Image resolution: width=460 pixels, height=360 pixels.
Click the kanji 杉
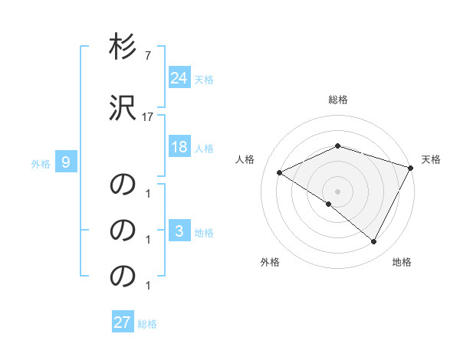[123, 48]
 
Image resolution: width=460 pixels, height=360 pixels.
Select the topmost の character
[123, 185]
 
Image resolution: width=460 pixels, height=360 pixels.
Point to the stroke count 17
[148, 117]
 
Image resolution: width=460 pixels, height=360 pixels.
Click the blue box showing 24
[179, 77]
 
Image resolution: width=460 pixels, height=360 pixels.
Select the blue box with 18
[179, 147]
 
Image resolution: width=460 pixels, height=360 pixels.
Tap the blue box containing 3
[179, 231]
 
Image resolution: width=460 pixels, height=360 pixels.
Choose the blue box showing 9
[66, 162]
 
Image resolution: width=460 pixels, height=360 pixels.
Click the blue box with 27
[123, 322]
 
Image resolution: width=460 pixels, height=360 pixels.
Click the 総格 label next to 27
[147, 324]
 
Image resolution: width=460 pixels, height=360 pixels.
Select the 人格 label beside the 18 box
[204, 149]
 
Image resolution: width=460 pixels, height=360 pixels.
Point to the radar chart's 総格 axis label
[338, 100]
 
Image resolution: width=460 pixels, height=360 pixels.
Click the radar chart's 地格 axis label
[402, 262]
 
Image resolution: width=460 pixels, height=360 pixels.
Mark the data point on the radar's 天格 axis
[412, 168]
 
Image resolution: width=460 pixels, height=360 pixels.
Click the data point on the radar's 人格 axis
[280, 173]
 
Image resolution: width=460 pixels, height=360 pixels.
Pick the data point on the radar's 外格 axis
[329, 204]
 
